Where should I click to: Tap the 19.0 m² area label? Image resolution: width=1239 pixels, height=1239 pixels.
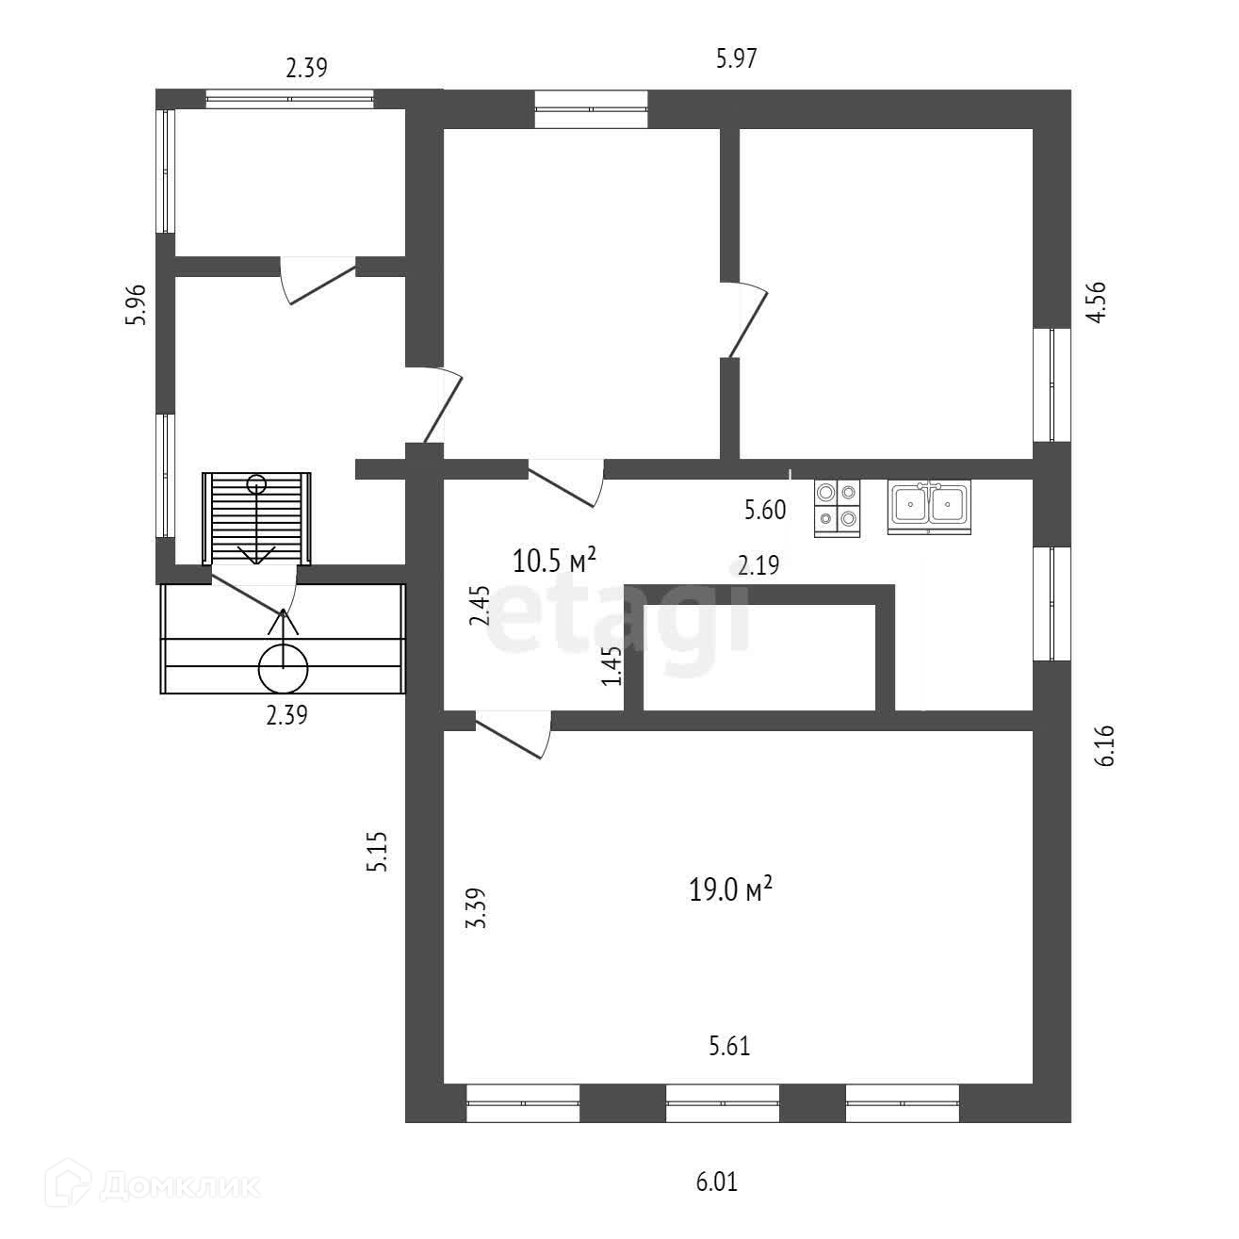(731, 888)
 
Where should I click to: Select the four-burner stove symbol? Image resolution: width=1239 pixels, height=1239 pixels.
(838, 509)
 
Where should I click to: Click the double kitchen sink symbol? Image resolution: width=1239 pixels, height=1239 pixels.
(928, 506)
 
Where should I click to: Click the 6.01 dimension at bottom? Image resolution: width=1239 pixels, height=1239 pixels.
(716, 1182)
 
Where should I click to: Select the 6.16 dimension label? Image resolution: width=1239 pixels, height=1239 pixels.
(1106, 744)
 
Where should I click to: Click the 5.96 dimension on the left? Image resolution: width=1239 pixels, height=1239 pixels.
(138, 304)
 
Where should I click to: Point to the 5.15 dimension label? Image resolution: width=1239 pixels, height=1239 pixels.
(379, 853)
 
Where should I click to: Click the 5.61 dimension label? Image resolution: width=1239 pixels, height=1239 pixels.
(729, 1045)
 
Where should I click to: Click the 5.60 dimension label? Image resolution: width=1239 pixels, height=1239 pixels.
(764, 511)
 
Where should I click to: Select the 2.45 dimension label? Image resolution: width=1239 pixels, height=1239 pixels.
(481, 606)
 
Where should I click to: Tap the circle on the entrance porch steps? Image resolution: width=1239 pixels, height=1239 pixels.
(283, 668)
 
